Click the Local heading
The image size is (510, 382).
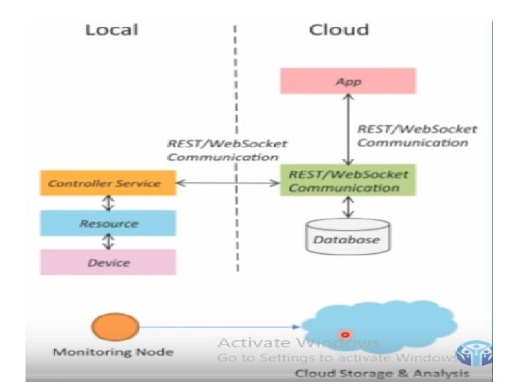(x=112, y=30)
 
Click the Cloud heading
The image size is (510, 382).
(x=339, y=30)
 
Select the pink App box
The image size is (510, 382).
(x=348, y=81)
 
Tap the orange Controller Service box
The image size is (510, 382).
(x=108, y=183)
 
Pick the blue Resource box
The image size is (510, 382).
(x=108, y=223)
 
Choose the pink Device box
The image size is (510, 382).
(x=108, y=262)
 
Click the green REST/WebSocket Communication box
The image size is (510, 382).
(x=348, y=180)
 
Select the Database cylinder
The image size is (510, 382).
(x=348, y=236)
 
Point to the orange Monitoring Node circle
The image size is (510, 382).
(x=115, y=326)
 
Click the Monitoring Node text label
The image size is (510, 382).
(x=113, y=352)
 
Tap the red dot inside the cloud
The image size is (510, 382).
(x=345, y=334)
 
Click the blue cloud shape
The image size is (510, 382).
(x=379, y=326)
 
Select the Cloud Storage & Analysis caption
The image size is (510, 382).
(x=382, y=374)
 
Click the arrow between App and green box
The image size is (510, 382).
(x=348, y=129)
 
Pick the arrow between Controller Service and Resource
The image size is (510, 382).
(x=108, y=203)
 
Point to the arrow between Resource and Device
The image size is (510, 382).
(x=108, y=243)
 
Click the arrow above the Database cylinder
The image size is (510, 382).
(x=348, y=207)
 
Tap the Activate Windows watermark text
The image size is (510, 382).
(x=299, y=342)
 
